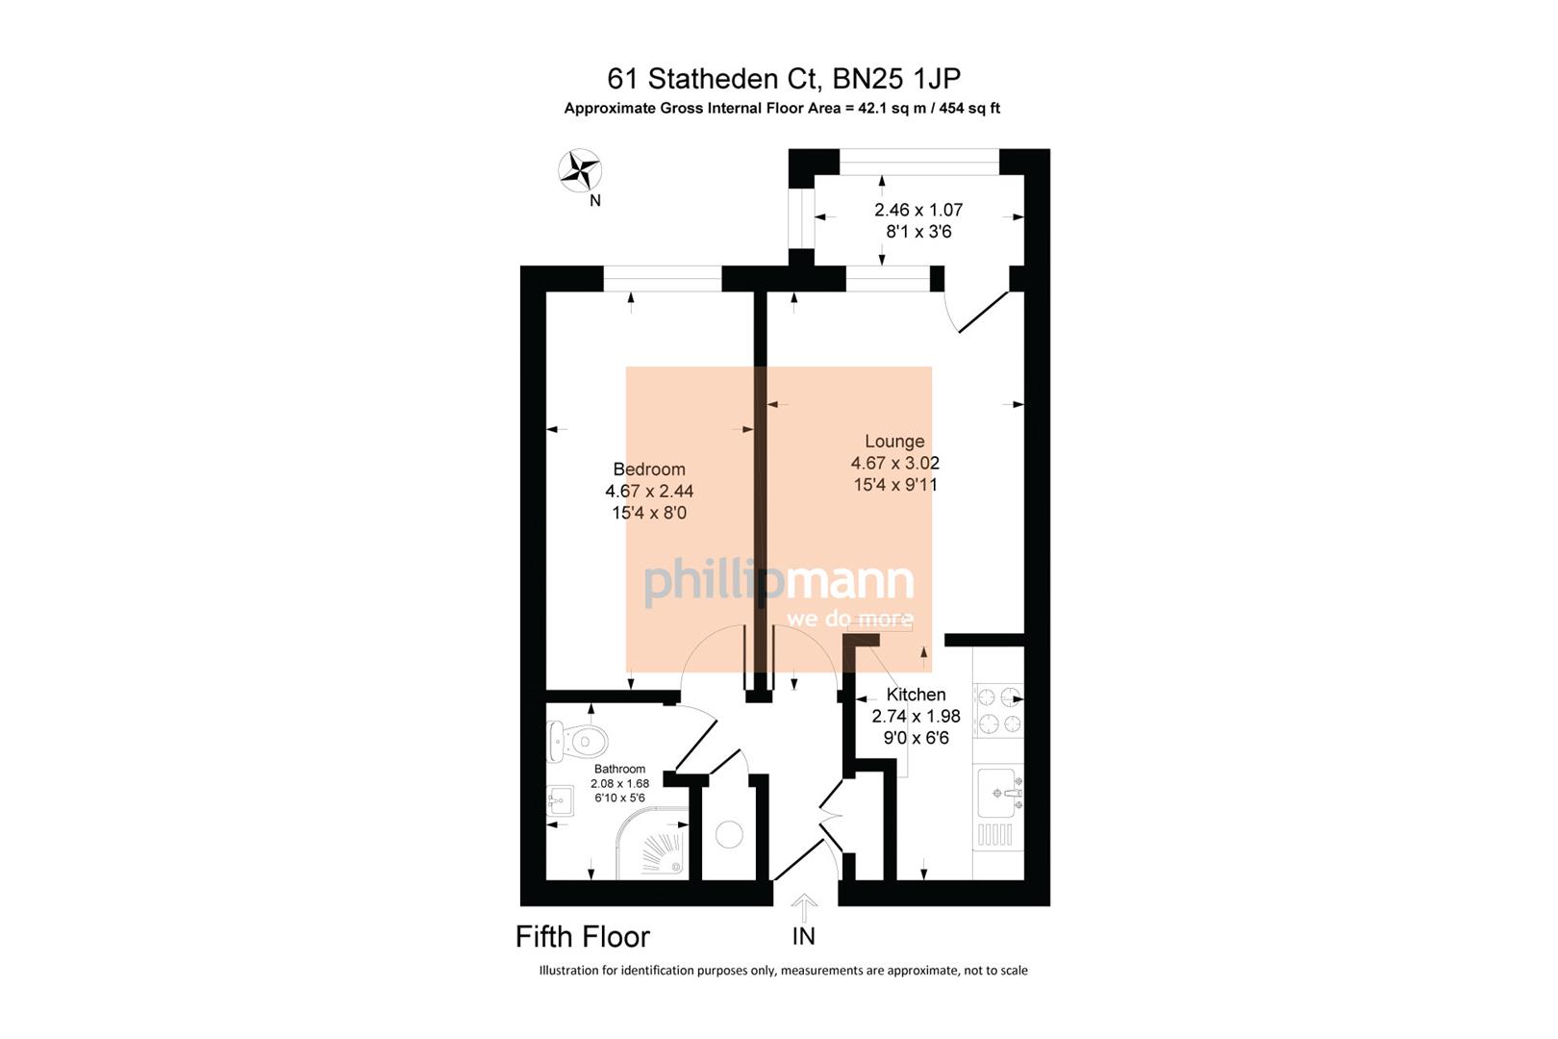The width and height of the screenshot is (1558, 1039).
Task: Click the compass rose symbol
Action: point(580,172)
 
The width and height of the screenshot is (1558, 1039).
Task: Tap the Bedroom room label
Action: point(649,469)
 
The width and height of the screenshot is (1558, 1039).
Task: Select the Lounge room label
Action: point(894,442)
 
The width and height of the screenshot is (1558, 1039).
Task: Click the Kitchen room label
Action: point(916,695)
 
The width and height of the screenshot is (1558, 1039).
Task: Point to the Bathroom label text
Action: point(619,770)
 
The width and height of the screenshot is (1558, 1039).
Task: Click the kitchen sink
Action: point(998,794)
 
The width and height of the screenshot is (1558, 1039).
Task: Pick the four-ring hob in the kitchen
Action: point(998,710)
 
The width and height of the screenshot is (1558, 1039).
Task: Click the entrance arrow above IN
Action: point(804,907)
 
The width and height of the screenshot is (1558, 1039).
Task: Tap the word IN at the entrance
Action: point(803,936)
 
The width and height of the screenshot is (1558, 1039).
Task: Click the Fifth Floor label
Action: point(583,936)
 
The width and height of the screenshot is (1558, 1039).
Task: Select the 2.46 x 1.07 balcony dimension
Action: point(917,210)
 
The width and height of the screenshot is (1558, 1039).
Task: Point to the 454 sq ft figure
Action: point(968,109)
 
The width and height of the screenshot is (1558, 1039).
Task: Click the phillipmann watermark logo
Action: point(779,582)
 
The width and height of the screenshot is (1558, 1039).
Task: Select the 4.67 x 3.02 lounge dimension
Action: point(894,464)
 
